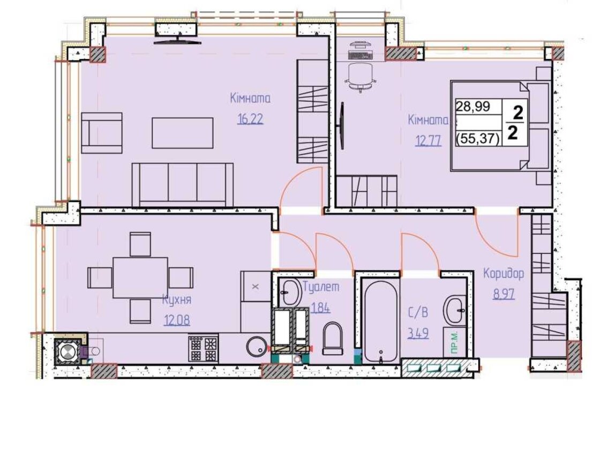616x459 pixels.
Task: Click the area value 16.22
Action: (x=250, y=118)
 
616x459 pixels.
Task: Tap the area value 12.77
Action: (x=428, y=140)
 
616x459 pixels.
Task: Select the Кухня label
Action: (x=177, y=300)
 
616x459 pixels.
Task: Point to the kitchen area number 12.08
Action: (x=177, y=320)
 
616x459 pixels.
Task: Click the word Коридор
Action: (x=504, y=273)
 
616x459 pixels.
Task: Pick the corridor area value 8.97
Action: (x=504, y=294)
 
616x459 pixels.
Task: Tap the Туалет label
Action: (x=321, y=287)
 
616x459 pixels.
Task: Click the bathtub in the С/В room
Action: (x=380, y=322)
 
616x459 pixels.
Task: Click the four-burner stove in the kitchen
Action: (x=203, y=348)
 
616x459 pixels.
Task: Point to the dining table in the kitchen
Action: (x=140, y=277)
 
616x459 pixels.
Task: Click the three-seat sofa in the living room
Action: (x=183, y=184)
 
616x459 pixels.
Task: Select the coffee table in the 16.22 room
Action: (x=183, y=133)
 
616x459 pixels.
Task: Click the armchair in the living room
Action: (x=102, y=133)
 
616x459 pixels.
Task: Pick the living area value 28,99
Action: (x=473, y=107)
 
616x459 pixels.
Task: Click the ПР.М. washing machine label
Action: (x=455, y=343)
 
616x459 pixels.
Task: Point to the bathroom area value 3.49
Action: (x=418, y=333)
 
